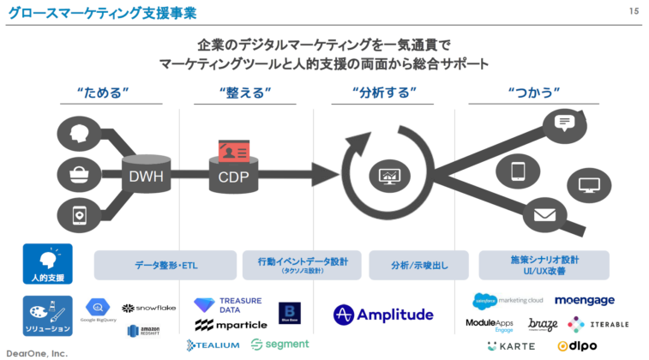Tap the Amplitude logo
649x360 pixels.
383,315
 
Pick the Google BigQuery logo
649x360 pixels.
99,310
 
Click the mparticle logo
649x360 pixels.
230,325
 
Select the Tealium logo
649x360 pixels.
213,345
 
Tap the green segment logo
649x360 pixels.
279,345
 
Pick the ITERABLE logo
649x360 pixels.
598,324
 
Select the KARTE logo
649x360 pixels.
511,346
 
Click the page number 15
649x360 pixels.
634,11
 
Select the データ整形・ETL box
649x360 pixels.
165,265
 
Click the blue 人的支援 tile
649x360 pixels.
47,264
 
